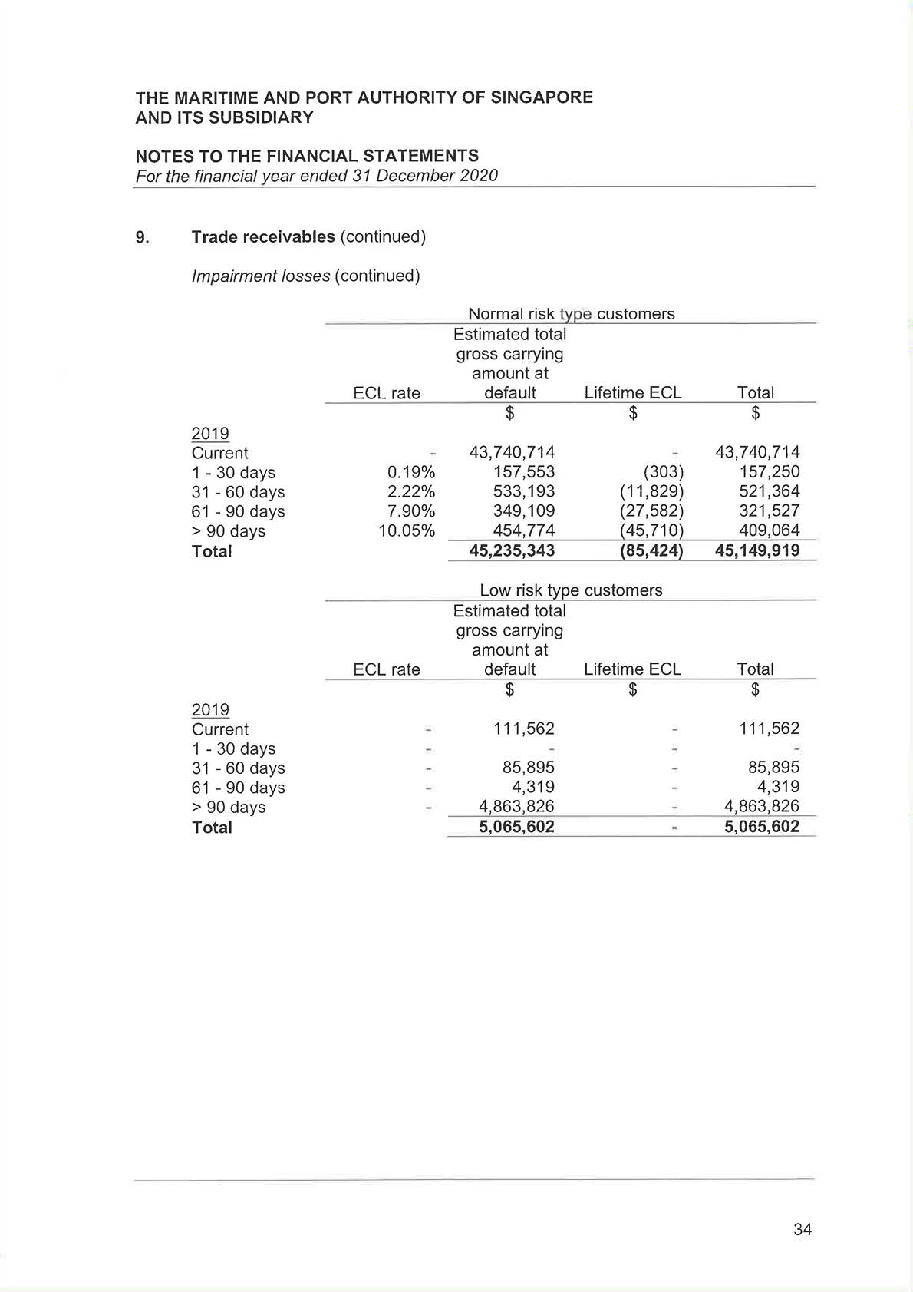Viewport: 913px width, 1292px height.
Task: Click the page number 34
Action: [x=803, y=1229]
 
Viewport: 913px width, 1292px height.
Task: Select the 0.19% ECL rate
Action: [x=411, y=472]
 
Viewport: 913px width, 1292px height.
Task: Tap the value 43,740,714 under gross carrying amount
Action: [x=512, y=452]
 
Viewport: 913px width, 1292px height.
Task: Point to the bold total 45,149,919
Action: [x=757, y=550]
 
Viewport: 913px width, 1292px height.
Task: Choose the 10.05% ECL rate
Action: [x=407, y=530]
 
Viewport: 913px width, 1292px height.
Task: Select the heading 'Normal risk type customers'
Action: [x=571, y=314]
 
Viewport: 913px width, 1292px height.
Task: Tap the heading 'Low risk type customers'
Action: [x=571, y=590]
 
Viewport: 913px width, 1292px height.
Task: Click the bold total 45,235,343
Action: [x=512, y=550]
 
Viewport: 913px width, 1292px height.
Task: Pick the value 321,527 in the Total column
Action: [x=769, y=511]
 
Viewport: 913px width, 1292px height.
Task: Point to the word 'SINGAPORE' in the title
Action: [x=542, y=97]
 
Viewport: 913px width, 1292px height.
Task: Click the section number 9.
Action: [x=142, y=237]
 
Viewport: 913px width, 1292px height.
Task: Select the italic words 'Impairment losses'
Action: [x=261, y=276]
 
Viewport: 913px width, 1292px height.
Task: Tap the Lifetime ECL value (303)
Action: [x=663, y=472]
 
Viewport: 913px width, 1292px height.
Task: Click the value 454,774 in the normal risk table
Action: [x=524, y=530]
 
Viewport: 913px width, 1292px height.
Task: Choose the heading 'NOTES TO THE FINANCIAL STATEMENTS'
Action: [x=307, y=156]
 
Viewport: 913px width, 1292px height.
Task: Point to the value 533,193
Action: [x=524, y=491]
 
